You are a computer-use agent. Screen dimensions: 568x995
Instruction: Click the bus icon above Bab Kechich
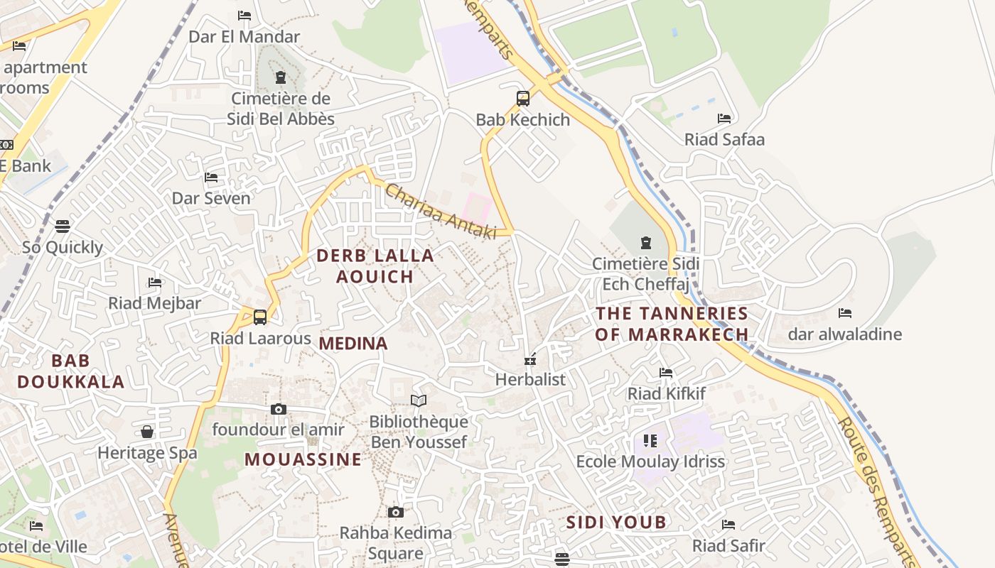523,99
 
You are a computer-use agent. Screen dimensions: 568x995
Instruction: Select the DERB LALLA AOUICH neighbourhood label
375,266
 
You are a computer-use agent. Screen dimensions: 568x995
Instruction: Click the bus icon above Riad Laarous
260,317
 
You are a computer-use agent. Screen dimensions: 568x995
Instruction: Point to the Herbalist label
530,379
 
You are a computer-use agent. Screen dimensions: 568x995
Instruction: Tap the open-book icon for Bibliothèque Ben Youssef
419,401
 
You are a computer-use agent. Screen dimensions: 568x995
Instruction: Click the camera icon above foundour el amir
278,409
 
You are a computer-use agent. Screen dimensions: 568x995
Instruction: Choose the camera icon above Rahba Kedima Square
396,512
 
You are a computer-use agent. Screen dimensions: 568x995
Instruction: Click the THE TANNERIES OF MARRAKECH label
672,324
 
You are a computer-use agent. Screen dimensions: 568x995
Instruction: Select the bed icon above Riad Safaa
724,119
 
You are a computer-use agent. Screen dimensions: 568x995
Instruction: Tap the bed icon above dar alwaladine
844,313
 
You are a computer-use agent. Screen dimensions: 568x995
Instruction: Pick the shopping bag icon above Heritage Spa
147,432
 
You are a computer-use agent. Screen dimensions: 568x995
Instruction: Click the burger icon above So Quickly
63,226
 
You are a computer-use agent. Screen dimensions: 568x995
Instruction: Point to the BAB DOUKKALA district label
70,371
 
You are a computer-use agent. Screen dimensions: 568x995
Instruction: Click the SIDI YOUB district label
616,523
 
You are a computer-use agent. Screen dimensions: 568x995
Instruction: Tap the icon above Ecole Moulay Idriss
650,441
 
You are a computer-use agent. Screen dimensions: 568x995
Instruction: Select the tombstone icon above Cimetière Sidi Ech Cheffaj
645,244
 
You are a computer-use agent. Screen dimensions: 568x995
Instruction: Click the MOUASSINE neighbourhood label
303,459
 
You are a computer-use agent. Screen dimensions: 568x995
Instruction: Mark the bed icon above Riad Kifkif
666,373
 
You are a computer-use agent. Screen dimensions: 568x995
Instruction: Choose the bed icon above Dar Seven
211,177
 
